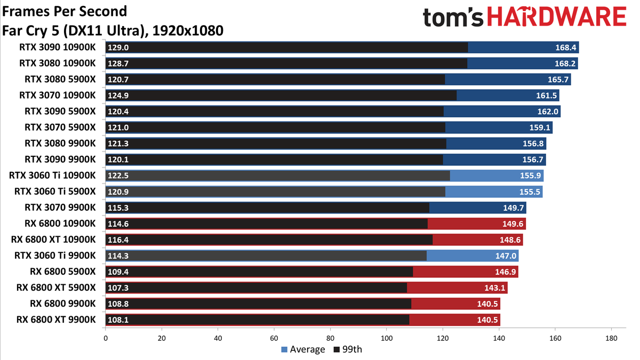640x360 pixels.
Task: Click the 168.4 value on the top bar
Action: [565, 47]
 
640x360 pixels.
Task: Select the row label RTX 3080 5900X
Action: [60, 79]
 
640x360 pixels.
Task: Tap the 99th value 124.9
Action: [118, 95]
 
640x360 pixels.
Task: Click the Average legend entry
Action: [303, 349]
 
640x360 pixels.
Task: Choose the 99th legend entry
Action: [348, 349]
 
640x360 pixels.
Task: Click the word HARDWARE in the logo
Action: [557, 17]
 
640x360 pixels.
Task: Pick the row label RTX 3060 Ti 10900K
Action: [52, 175]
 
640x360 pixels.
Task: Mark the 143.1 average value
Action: [494, 287]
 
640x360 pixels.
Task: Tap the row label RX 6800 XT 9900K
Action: [56, 319]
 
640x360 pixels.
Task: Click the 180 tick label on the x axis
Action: [611, 338]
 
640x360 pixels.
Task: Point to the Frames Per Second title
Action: [65, 11]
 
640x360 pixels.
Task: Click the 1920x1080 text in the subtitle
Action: [188, 30]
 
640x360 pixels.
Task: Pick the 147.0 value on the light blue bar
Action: [506, 255]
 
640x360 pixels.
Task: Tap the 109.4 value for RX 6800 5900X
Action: [118, 271]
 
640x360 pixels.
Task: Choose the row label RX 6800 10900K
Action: [60, 223]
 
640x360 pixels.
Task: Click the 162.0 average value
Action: [548, 111]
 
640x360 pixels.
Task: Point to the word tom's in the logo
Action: [453, 18]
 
